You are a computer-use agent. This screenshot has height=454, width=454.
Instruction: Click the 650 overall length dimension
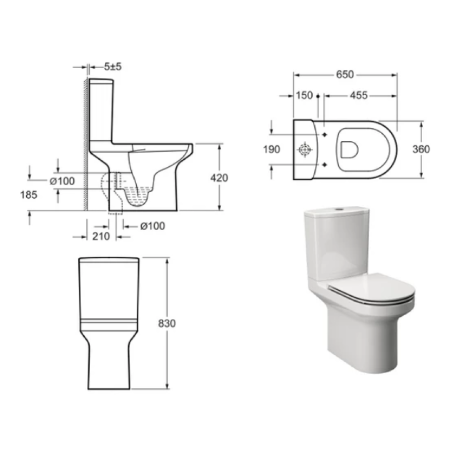click(x=345, y=75)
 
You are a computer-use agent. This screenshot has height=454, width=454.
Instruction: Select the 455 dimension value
click(x=359, y=95)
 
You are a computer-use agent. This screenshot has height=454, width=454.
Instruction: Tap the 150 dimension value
click(x=304, y=95)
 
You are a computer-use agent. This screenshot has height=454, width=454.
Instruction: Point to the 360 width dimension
click(x=421, y=149)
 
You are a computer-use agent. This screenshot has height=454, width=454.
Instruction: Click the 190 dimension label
click(x=271, y=149)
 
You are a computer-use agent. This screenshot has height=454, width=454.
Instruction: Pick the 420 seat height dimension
click(x=219, y=178)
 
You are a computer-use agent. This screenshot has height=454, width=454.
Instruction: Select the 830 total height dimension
click(x=167, y=323)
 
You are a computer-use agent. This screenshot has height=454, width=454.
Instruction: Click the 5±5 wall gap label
click(x=113, y=67)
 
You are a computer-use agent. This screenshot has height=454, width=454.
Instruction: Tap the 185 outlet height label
click(x=29, y=195)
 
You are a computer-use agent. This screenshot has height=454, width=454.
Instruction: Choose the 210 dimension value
click(x=101, y=236)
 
